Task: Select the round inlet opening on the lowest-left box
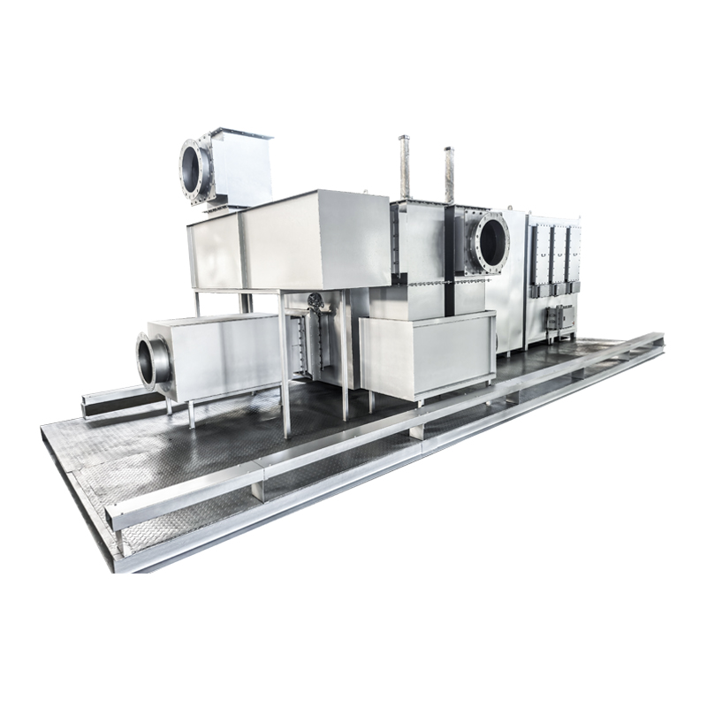153,360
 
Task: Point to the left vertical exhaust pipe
405,167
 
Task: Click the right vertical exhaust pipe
449,173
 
